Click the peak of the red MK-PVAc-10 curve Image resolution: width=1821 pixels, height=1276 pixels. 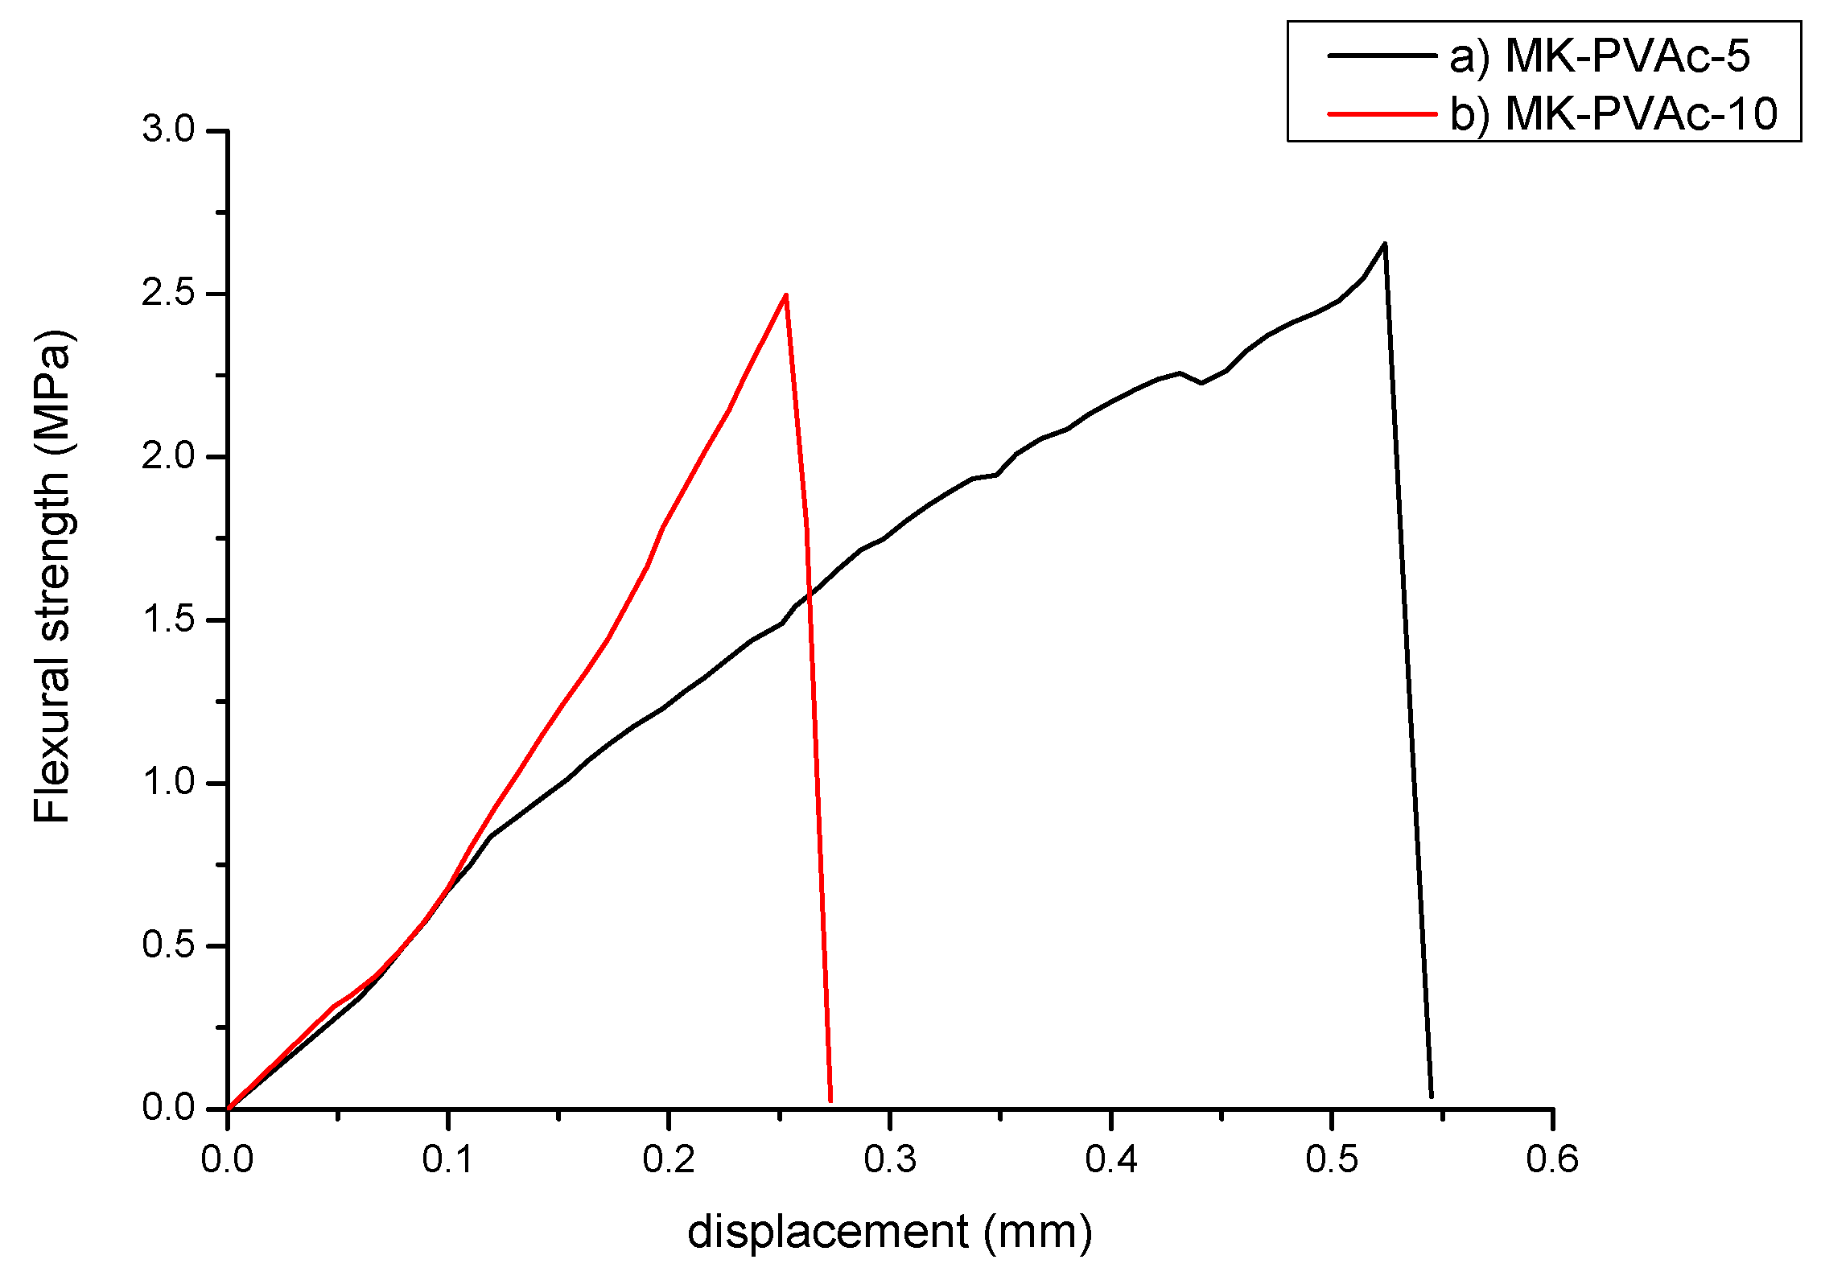[785, 294]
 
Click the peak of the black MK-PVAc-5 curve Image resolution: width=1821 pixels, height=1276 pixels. [1384, 243]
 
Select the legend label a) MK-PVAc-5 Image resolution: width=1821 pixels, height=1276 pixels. [1600, 56]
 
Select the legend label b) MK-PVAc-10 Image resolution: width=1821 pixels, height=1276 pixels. [1613, 113]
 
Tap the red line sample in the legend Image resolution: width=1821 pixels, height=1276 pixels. [1382, 113]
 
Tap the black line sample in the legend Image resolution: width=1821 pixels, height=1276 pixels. [1382, 56]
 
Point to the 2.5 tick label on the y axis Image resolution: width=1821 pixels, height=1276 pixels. [169, 293]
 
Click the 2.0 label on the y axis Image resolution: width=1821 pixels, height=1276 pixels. [169, 456]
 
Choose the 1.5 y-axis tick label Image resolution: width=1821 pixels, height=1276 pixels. [169, 619]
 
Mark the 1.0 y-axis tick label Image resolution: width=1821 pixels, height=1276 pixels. [169, 782]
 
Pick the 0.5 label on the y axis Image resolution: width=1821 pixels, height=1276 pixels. [169, 945]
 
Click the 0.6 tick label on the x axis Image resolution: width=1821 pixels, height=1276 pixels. [1552, 1159]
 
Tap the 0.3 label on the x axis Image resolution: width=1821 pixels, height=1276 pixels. [890, 1159]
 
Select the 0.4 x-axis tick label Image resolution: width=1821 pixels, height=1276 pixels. [1111, 1159]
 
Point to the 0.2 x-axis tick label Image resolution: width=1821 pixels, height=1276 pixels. [669, 1159]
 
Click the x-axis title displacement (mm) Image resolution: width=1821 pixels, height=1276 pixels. [890, 1233]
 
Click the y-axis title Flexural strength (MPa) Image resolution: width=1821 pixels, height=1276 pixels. [53, 575]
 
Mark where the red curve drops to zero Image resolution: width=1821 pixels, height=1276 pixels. [830, 1101]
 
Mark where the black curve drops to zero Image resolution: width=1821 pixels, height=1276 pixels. [1432, 1096]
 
